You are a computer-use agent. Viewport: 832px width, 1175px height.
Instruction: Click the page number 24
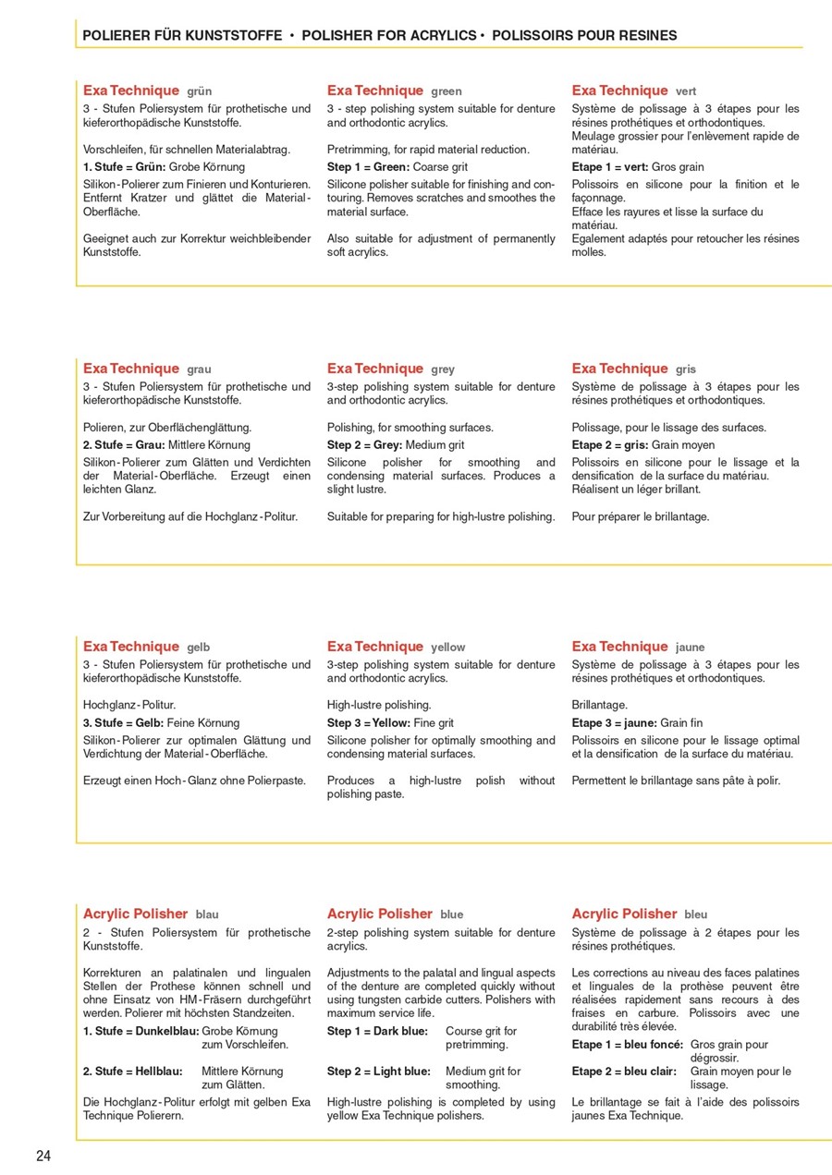43,1156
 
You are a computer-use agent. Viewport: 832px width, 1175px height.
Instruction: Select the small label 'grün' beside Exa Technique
199,91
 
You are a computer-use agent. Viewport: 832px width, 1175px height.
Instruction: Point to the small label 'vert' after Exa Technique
686,91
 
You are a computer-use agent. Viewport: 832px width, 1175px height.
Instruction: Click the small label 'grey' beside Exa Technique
443,369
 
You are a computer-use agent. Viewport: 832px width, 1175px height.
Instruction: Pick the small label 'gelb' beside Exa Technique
199,648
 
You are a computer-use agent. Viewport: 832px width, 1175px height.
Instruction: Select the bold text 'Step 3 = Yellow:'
368,723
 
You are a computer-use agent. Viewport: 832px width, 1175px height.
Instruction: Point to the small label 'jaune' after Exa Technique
690,648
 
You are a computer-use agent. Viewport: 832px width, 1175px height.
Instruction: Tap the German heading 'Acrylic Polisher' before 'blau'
135,914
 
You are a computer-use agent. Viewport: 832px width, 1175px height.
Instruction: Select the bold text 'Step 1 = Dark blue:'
377,1031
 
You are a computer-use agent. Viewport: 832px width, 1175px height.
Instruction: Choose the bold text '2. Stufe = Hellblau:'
132,1072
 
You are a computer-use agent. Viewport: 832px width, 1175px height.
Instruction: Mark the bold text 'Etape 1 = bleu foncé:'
628,1045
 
